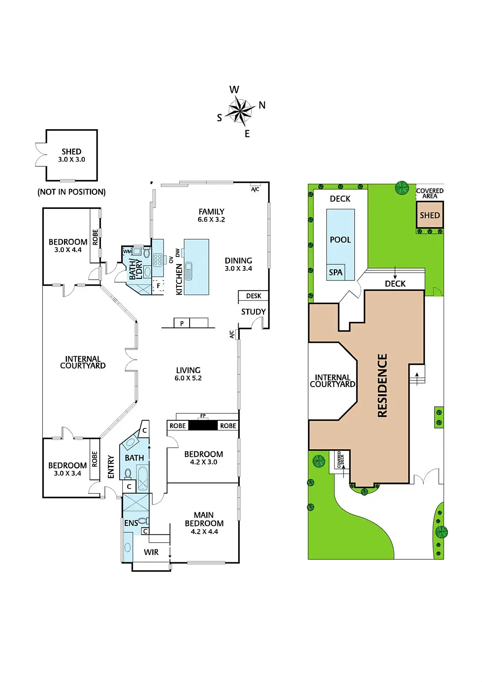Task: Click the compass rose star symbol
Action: [x=240, y=111]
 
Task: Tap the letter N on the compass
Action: [x=262, y=105]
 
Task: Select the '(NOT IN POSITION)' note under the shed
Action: [x=72, y=192]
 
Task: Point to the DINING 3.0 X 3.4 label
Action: [x=238, y=264]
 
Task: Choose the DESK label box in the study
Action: [x=254, y=296]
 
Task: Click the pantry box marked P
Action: [x=182, y=323]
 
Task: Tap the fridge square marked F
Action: [x=158, y=286]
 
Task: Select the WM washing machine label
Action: [x=127, y=251]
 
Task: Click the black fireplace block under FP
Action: [x=203, y=425]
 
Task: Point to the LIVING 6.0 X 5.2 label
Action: [x=188, y=374]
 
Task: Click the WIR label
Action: [x=151, y=552]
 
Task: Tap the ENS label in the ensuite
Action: [x=131, y=523]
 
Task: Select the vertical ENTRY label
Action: [x=111, y=466]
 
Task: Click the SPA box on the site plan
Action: [x=336, y=272]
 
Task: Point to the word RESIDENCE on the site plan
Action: [x=382, y=385]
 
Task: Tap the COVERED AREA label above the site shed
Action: [x=430, y=193]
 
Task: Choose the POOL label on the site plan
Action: [x=340, y=240]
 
